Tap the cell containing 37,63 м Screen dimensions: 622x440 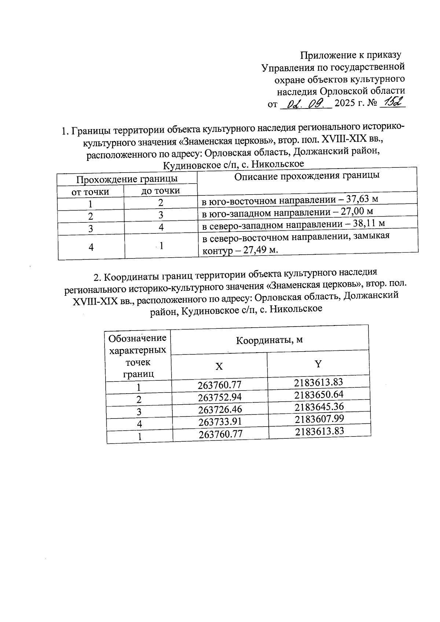(x=290, y=200)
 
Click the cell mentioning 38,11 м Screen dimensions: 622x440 (x=294, y=224)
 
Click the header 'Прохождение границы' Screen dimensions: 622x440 (x=127, y=179)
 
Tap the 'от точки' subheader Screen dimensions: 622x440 (x=90, y=192)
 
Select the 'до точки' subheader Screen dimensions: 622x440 (x=161, y=191)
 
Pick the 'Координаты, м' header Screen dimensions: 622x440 (x=269, y=340)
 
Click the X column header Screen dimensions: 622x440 (x=219, y=366)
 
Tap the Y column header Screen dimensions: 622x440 (x=318, y=364)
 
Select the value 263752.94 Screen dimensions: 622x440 (x=220, y=397)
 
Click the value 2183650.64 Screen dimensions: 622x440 (x=319, y=395)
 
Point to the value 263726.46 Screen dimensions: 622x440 (x=220, y=409)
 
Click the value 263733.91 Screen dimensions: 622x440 (x=220, y=422)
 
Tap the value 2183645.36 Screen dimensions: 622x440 (x=319, y=407)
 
